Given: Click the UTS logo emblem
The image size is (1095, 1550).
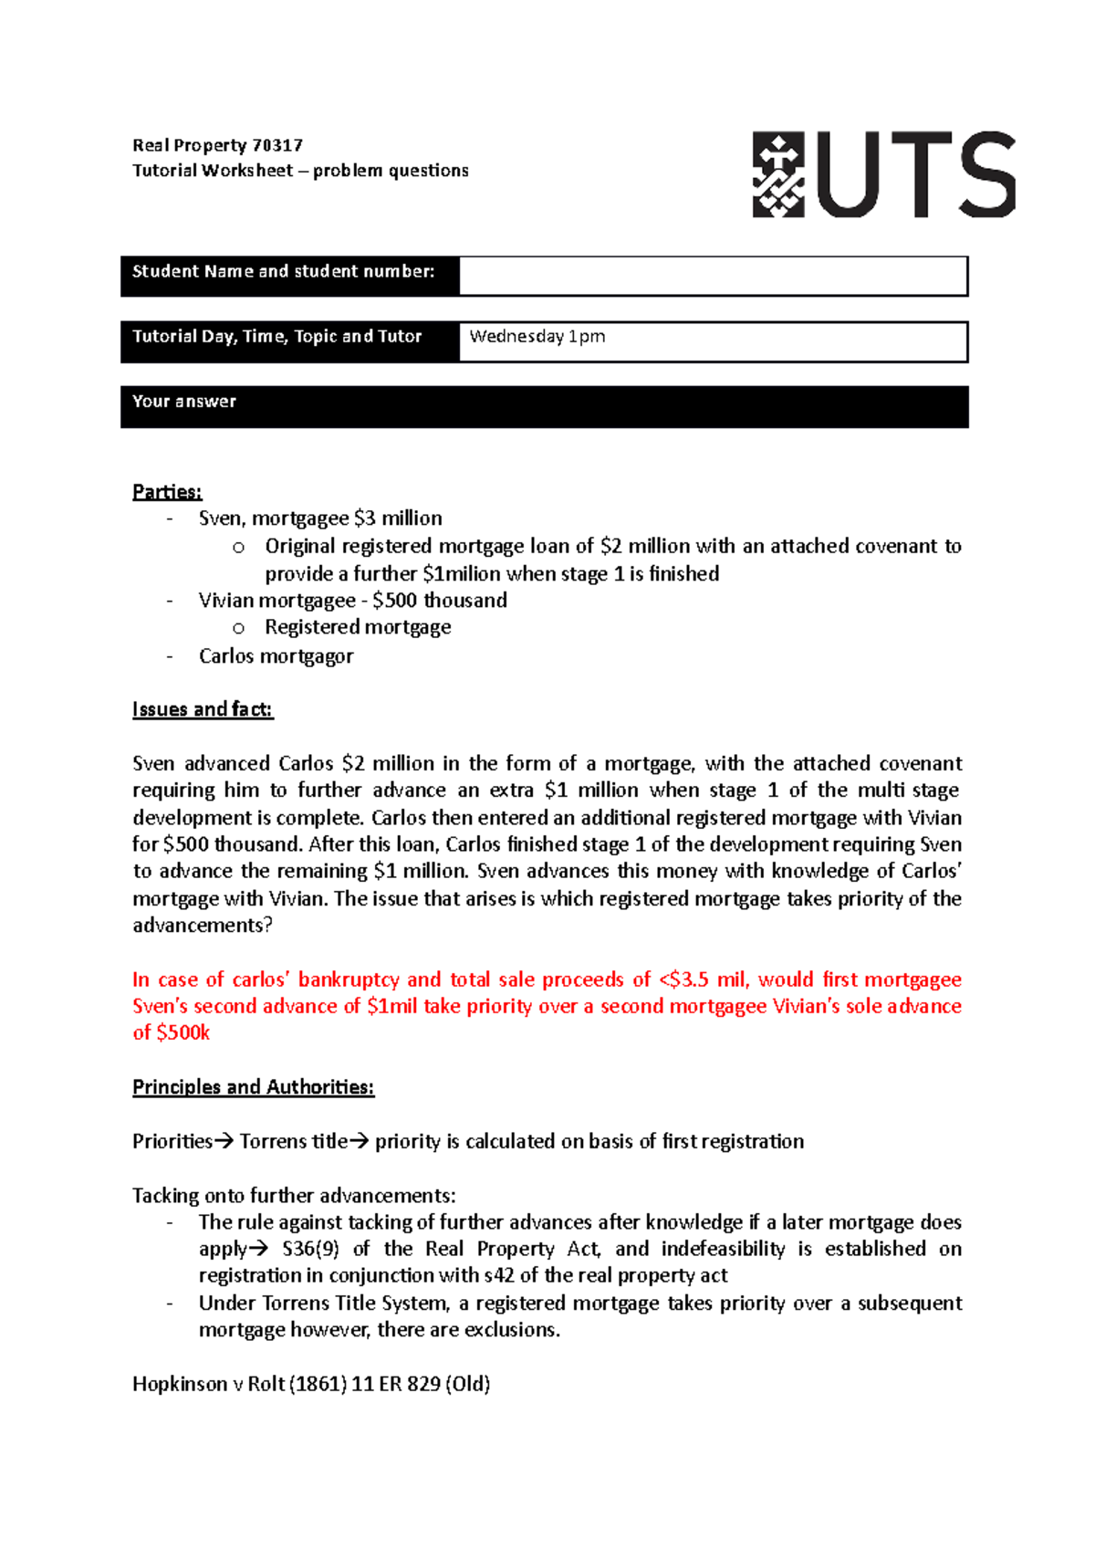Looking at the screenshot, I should [x=777, y=174].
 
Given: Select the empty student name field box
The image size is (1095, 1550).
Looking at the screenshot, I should [x=712, y=276].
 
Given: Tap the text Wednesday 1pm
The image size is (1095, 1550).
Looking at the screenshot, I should [x=537, y=337].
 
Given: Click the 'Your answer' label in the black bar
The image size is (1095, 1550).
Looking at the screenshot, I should [x=184, y=402].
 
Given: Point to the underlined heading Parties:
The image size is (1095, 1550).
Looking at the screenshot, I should [x=167, y=492].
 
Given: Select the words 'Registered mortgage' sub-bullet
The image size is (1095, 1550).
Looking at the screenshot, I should [x=358, y=627].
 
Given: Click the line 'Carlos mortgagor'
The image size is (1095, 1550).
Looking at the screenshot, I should [x=276, y=656].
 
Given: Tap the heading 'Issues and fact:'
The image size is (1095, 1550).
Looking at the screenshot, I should [x=203, y=709].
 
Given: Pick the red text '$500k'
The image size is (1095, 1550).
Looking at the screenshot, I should [x=183, y=1032].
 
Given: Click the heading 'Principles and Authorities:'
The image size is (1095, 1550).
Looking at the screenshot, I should [x=253, y=1087].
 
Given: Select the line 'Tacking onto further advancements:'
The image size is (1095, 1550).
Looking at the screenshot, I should [x=294, y=1196].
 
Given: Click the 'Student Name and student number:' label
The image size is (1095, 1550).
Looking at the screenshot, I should [x=283, y=272].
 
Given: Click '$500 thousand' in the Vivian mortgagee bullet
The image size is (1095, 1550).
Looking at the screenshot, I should [x=440, y=601].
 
